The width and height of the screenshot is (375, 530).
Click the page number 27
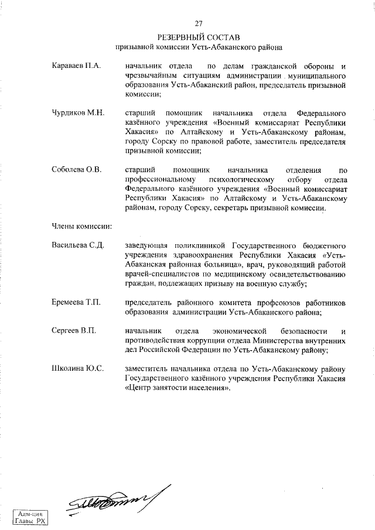point(198,23)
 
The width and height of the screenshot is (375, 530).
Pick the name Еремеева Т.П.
point(77,303)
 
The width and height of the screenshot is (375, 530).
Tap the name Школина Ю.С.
point(78,368)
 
